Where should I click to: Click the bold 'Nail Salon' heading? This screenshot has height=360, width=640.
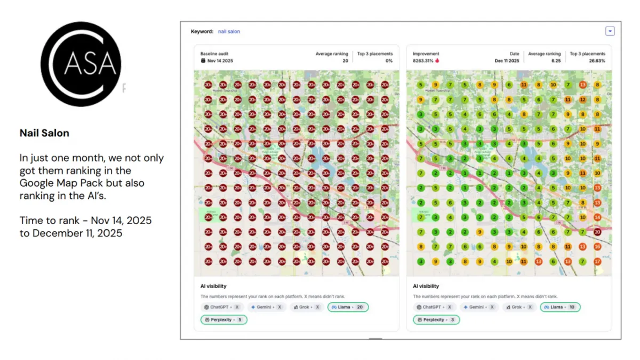coord(44,133)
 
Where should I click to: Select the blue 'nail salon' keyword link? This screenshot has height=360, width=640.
coord(229,31)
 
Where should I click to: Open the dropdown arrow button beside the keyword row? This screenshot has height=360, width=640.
coord(610,31)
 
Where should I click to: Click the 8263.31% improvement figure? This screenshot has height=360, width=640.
coord(426,61)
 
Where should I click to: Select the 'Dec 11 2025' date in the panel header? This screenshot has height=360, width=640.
coord(507,61)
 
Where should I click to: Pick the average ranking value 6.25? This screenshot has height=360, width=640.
coord(555,61)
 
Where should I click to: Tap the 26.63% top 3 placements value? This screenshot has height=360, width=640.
coord(596,61)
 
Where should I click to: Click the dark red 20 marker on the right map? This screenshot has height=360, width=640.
coord(597,232)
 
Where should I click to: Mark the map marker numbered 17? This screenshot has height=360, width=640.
coord(597,261)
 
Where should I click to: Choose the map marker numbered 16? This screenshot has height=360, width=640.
coord(597,247)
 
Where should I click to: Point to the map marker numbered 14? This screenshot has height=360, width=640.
coord(597,217)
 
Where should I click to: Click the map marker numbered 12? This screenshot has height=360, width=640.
coord(582,100)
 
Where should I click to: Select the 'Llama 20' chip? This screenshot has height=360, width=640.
coord(348,307)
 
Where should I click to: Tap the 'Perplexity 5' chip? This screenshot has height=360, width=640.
coord(223,319)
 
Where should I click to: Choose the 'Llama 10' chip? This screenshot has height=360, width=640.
coord(560,307)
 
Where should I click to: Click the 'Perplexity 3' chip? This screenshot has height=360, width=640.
coord(436,319)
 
